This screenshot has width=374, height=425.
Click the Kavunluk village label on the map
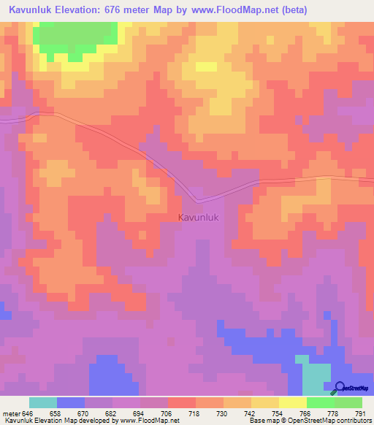click(x=199, y=217)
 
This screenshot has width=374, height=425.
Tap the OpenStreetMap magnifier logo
click(x=341, y=387)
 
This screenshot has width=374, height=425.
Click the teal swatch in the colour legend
click(x=43, y=402)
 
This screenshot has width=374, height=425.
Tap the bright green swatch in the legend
click(x=321, y=402)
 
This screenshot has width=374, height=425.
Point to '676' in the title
click(x=116, y=9)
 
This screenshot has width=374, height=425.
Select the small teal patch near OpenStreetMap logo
click(x=314, y=376)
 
